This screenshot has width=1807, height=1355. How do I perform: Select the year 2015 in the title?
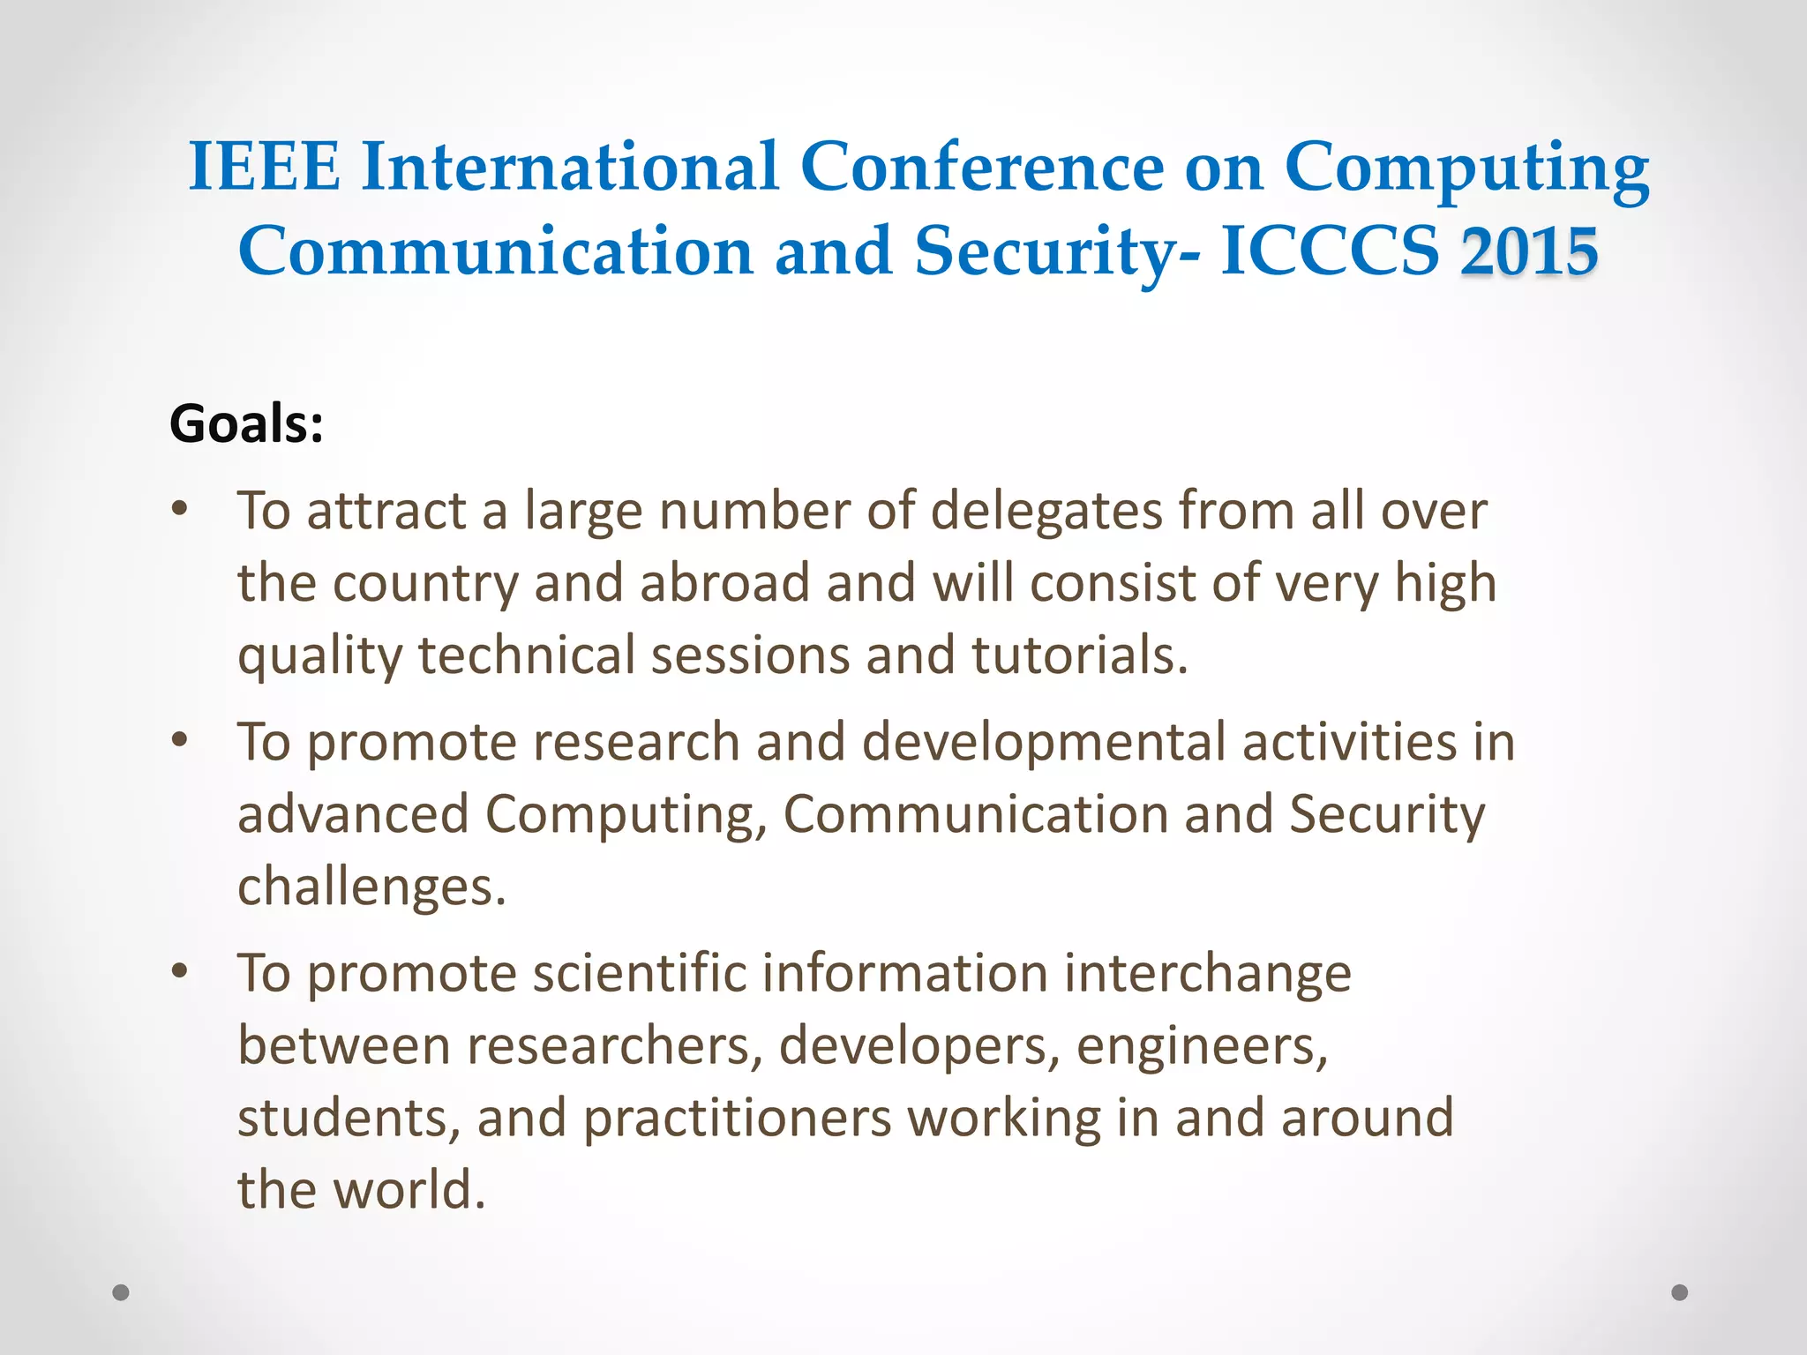click(1529, 251)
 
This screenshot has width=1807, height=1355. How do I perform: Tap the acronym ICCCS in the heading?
click(1330, 251)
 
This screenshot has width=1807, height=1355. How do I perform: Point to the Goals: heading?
click(246, 423)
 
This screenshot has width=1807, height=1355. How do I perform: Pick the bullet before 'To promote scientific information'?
click(180, 971)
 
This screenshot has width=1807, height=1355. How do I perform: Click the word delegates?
click(1046, 512)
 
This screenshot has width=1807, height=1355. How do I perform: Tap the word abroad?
click(724, 583)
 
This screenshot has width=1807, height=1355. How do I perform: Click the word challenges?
click(371, 887)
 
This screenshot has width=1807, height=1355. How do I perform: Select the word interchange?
click(1207, 975)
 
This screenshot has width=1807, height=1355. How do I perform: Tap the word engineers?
click(1202, 1047)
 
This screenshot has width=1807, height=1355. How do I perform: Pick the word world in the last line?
click(410, 1190)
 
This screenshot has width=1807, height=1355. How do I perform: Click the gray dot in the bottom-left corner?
click(121, 1292)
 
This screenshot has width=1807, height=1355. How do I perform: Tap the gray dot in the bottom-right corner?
click(1680, 1292)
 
